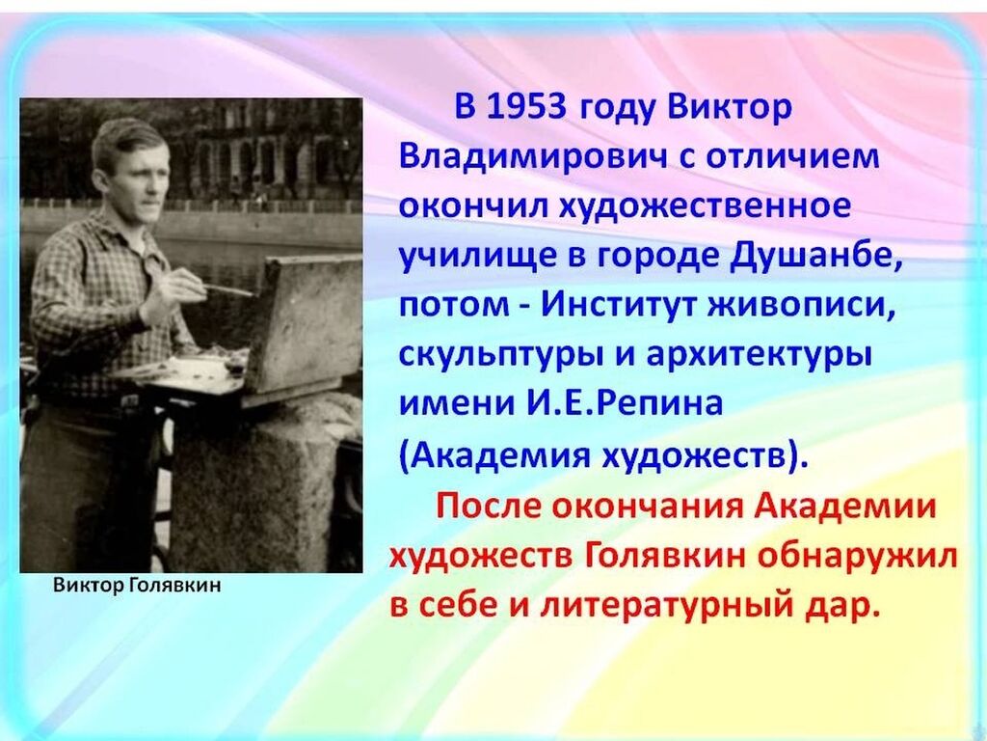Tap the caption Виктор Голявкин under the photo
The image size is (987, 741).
point(137,586)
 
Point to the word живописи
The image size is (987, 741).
point(803,306)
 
